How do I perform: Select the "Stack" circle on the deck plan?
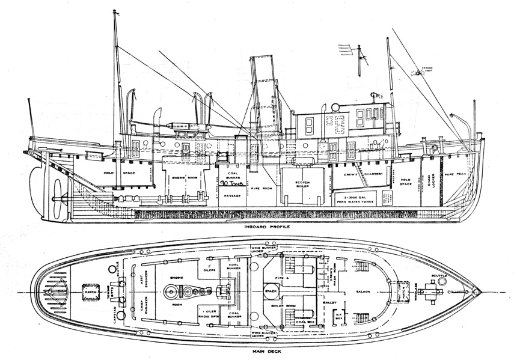(x=270, y=291)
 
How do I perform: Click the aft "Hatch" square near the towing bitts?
(x=91, y=292)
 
